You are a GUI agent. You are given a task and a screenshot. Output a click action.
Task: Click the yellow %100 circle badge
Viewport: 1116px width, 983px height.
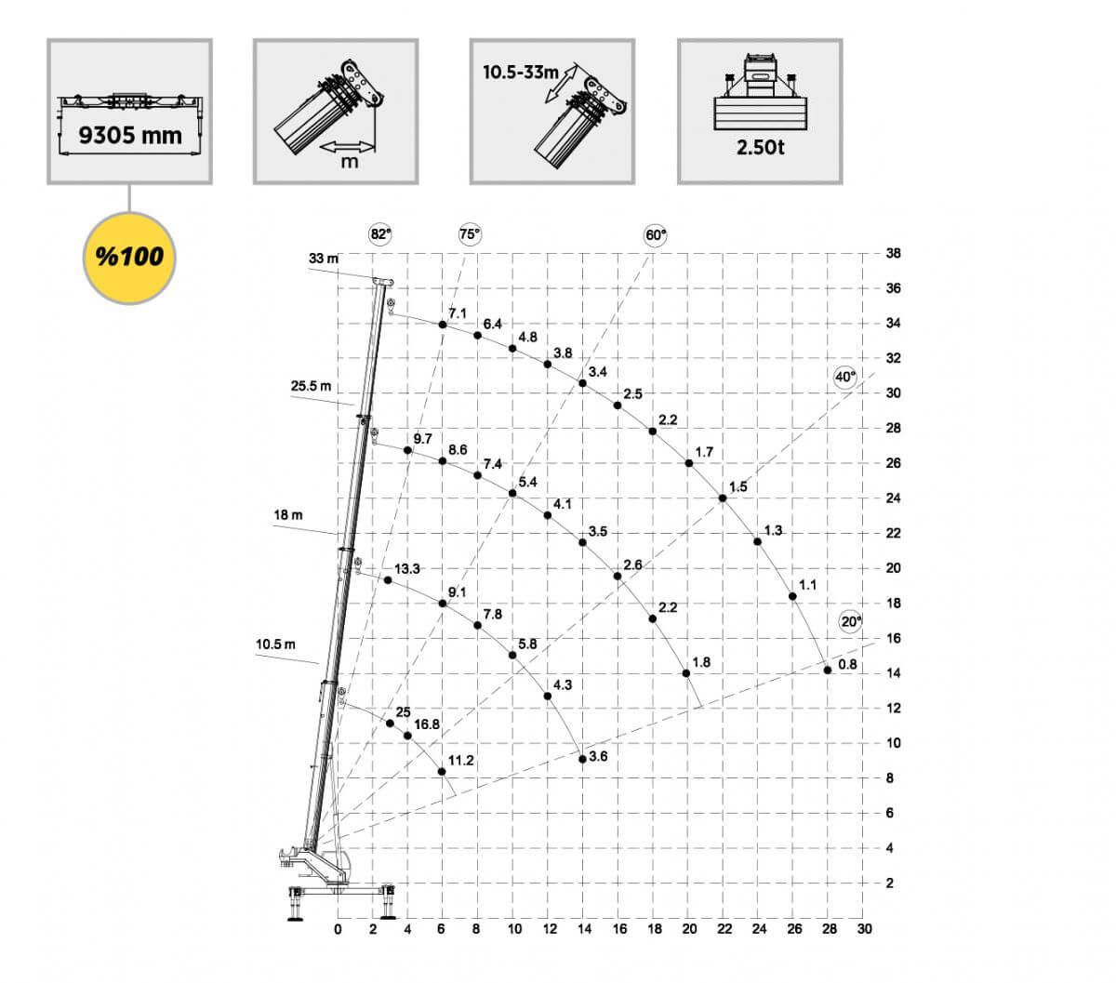click(x=129, y=257)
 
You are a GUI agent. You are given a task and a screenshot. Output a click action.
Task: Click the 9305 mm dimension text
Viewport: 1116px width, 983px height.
click(x=130, y=135)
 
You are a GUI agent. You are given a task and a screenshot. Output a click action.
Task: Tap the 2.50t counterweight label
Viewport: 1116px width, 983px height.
click(x=760, y=147)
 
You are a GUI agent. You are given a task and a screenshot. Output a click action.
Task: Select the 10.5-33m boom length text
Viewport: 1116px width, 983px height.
click(x=521, y=73)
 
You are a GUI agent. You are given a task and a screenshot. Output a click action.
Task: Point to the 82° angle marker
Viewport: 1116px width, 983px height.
click(x=380, y=234)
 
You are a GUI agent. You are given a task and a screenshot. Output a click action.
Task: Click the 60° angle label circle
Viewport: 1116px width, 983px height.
click(x=655, y=235)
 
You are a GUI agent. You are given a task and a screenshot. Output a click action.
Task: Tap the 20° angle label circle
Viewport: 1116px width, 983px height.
click(x=851, y=621)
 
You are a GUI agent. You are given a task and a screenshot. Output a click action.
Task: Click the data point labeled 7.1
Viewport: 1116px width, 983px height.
click(x=443, y=325)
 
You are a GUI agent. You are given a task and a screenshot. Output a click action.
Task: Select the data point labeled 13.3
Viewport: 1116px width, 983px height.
click(x=388, y=580)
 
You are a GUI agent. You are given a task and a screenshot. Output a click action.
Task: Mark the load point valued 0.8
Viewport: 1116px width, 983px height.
click(x=828, y=670)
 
